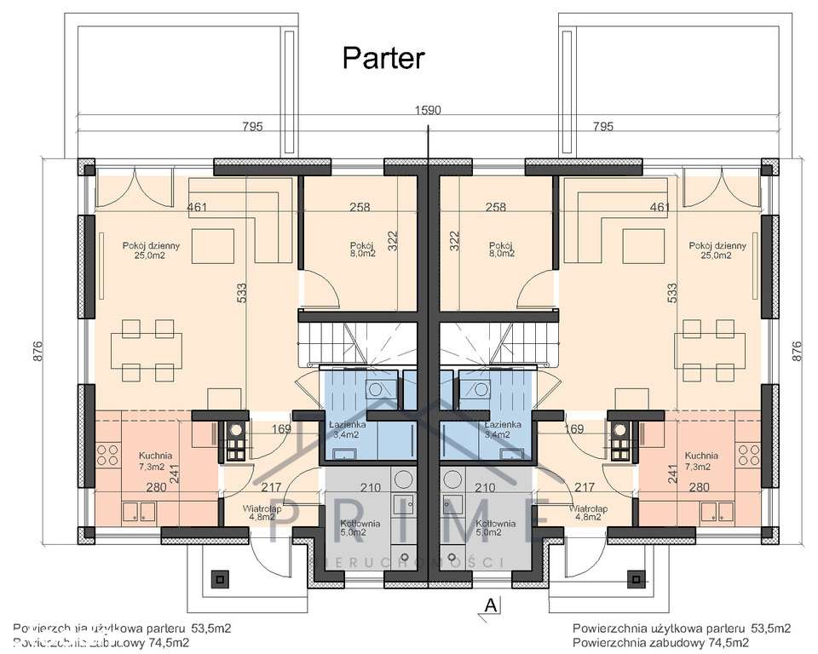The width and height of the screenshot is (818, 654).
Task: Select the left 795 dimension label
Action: click(251, 127)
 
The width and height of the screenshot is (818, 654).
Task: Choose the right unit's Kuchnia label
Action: click(700, 460)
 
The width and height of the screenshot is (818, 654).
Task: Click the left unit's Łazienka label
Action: click(347, 428)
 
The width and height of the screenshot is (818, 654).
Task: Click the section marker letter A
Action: click(491, 605)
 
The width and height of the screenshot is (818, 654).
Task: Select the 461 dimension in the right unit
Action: click(660, 207)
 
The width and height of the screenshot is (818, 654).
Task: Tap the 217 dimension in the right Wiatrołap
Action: click(585, 488)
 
